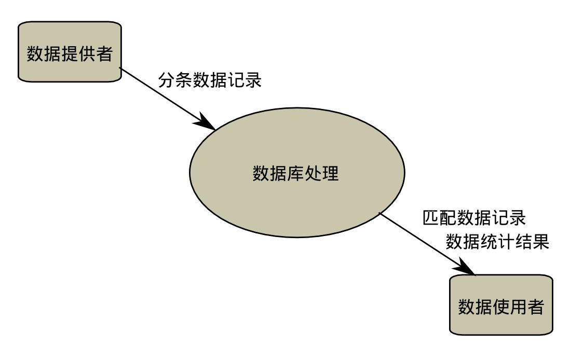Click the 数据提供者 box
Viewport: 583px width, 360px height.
[x=70, y=52]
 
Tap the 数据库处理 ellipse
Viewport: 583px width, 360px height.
[x=296, y=172]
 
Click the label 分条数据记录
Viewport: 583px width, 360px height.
[x=210, y=80]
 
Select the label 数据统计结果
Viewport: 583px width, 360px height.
[x=497, y=242]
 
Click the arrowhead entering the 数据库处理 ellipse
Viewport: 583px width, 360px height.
[x=207, y=123]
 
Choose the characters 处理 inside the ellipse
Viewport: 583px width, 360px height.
[x=322, y=173]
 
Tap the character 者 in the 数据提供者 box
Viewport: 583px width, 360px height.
[x=104, y=53]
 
